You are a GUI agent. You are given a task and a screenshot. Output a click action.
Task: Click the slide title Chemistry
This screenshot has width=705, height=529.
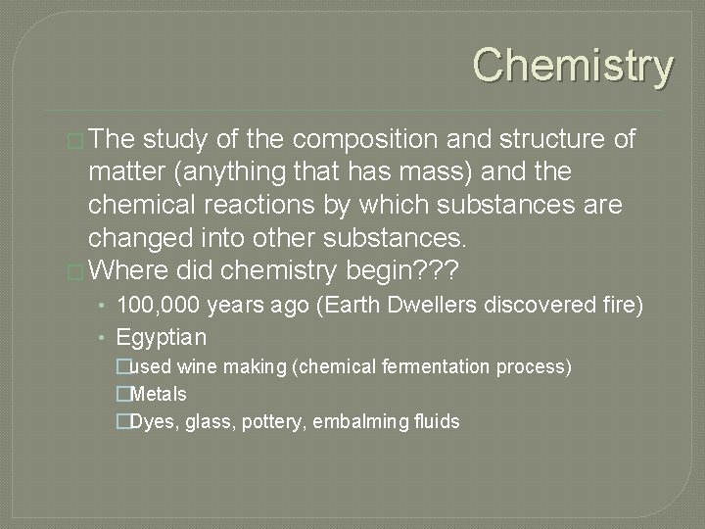tap(574, 66)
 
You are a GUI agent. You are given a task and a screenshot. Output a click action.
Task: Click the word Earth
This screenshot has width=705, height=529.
tap(377, 307)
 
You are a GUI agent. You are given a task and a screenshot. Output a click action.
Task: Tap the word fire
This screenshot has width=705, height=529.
tap(621, 307)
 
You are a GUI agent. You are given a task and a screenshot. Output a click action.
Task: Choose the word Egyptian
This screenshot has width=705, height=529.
tap(161, 338)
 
